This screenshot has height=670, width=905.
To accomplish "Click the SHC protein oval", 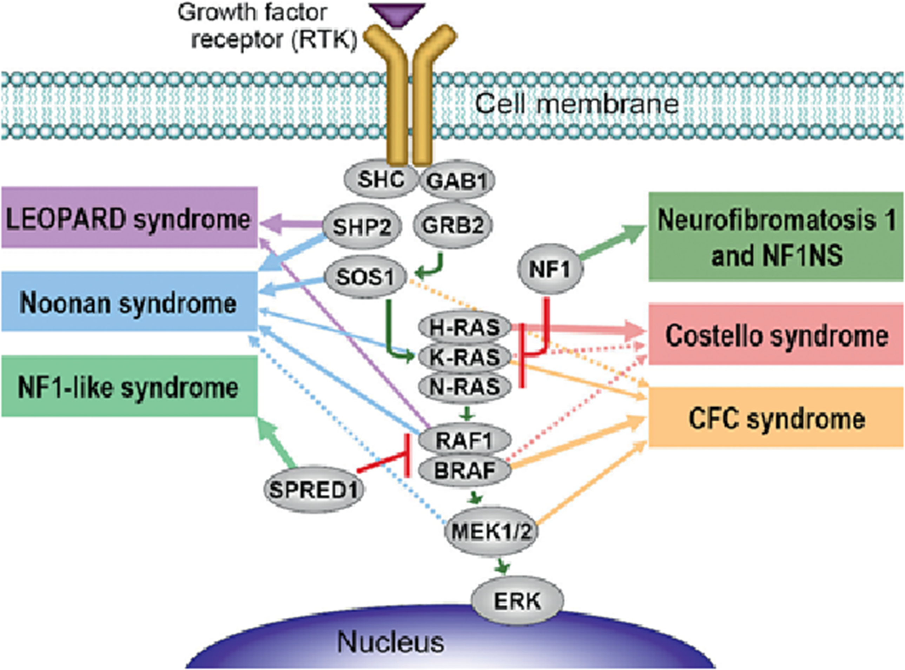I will pyautogui.click(x=380, y=179).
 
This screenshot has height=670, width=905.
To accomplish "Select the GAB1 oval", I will pyautogui.click(x=457, y=181).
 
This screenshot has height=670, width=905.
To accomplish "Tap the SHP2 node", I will pyautogui.click(x=362, y=226).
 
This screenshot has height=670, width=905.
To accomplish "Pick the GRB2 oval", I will pyautogui.click(x=453, y=225).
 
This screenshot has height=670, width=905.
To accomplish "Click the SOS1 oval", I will pyautogui.click(x=365, y=277).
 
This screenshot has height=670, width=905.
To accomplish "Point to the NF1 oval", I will pyautogui.click(x=550, y=269).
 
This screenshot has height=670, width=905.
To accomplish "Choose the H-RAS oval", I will pyautogui.click(x=464, y=327).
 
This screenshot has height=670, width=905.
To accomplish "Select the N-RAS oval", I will pyautogui.click(x=464, y=387).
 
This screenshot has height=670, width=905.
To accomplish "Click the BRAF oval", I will pyautogui.click(x=464, y=471).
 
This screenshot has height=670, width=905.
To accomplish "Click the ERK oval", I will pyautogui.click(x=517, y=601).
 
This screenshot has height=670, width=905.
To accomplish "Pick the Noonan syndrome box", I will pyautogui.click(x=129, y=302).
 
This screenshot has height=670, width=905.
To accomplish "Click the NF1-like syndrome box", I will pyautogui.click(x=129, y=386).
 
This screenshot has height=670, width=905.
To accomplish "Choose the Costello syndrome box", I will pyautogui.click(x=776, y=335).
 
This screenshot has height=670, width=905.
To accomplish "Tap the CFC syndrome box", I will pyautogui.click(x=776, y=418).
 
